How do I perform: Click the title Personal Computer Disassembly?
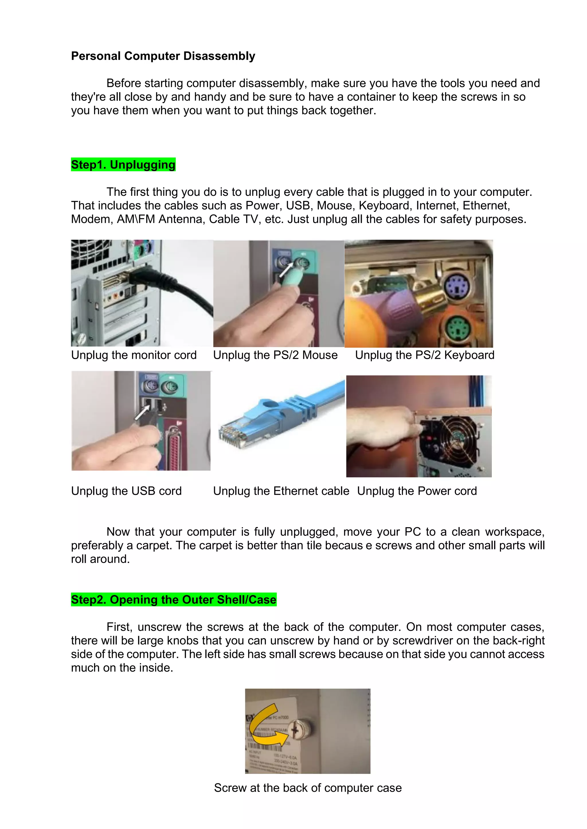click(x=163, y=56)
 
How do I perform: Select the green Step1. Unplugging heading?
click(x=123, y=165)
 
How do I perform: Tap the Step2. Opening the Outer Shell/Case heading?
click(x=173, y=599)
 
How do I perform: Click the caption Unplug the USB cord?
click(x=126, y=491)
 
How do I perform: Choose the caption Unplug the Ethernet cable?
click(x=281, y=491)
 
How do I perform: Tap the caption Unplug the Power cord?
click(x=417, y=491)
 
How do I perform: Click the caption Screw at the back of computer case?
click(x=308, y=788)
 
